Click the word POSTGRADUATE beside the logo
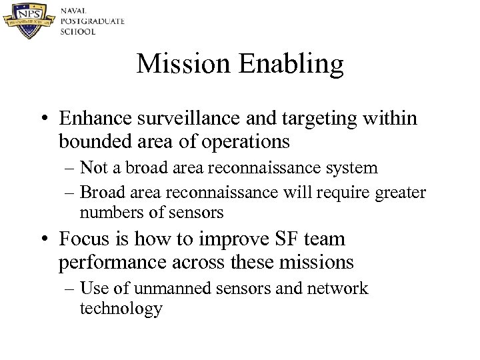pos(92,21)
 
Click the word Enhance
pos(92,119)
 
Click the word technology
pos(121,310)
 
